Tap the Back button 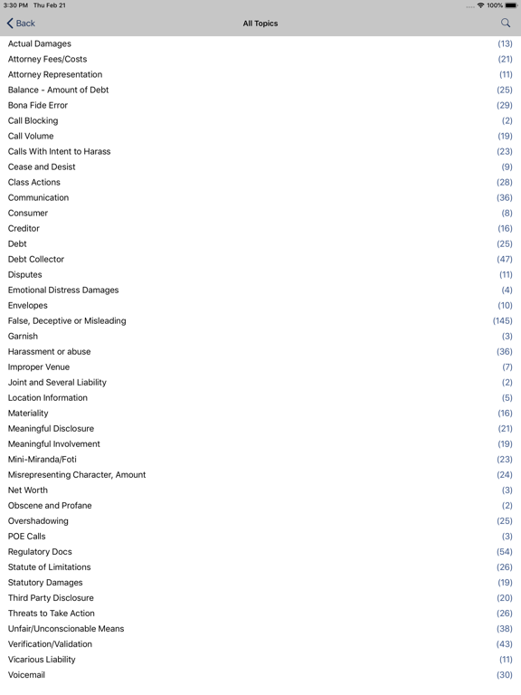21,24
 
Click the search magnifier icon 506,23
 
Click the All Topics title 260,24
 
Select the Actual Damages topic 40,43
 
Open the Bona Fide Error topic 38,105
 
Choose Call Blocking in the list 33,120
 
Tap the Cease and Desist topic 42,167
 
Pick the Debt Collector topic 36,259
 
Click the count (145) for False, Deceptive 502,320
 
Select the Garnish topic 23,336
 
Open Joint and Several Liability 57,382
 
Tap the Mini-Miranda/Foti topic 43,459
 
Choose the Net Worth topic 28,490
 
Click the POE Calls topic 27,536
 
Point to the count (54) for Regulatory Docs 504,551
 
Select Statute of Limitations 50,566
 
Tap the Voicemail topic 26,674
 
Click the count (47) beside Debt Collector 504,259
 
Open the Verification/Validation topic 50,643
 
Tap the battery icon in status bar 511,5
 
